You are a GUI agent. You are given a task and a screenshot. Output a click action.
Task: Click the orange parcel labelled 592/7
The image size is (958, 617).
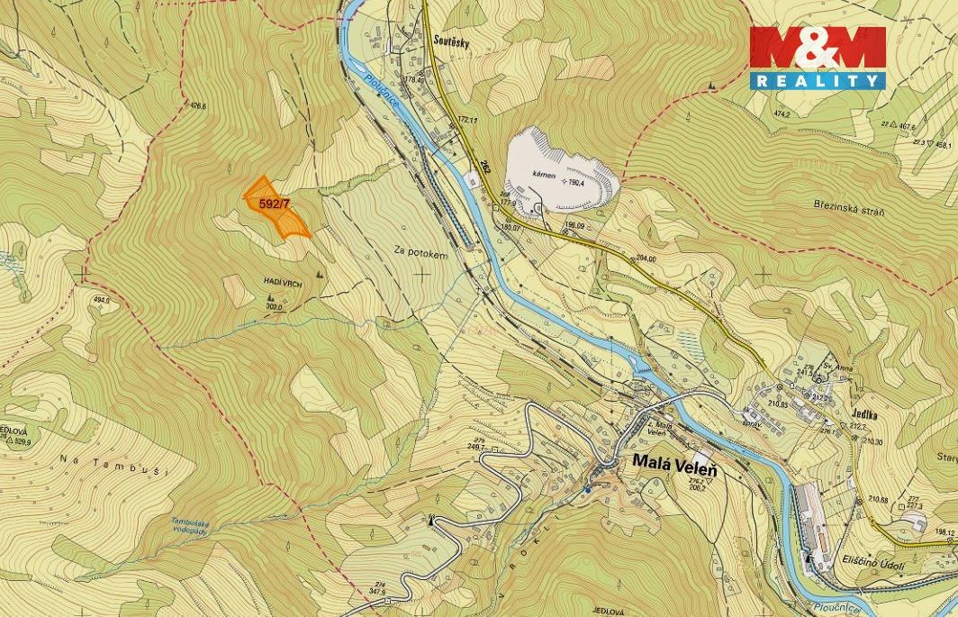277,208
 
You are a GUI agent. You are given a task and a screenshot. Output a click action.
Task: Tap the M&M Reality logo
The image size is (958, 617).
818,57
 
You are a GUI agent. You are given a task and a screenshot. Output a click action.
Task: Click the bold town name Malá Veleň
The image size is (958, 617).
674,461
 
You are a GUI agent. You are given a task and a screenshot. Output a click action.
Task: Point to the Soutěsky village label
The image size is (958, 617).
449,41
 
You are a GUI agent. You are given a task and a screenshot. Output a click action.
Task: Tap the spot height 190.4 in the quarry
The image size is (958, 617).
574,182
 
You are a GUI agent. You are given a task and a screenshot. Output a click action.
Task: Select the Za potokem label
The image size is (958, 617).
420,254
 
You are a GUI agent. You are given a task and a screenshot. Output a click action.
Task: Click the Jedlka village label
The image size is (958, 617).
862,406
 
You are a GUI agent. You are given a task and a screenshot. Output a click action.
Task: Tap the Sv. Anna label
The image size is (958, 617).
839,366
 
